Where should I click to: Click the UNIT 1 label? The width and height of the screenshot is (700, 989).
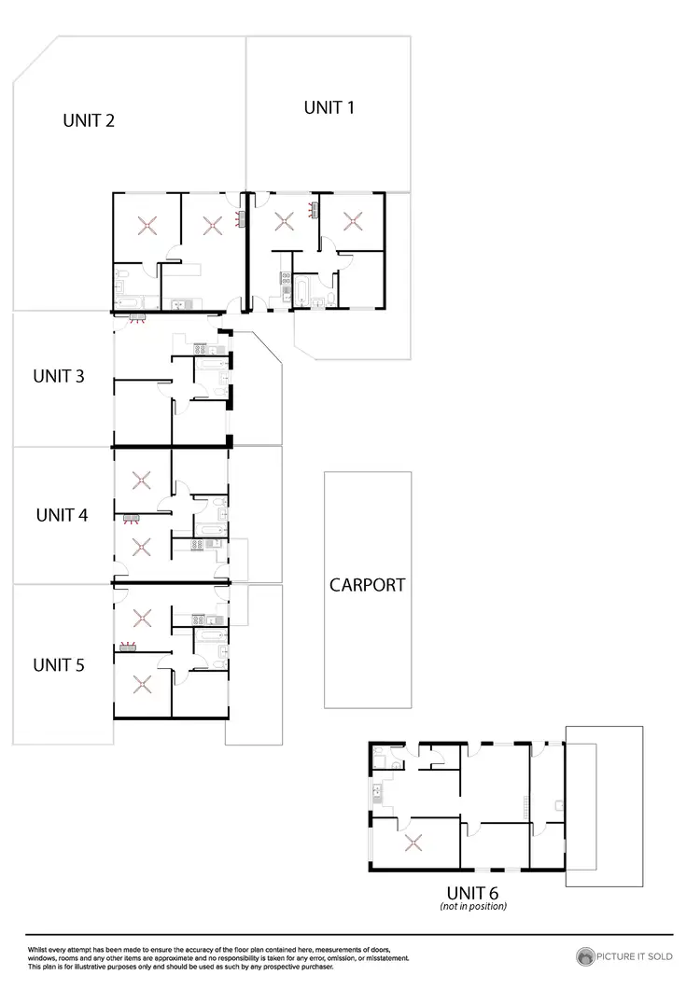(329, 107)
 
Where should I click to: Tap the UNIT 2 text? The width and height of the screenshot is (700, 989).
(88, 120)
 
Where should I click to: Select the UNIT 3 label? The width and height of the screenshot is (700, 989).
(59, 377)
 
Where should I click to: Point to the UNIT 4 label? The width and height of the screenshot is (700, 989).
(62, 514)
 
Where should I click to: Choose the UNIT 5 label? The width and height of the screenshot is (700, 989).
(59, 665)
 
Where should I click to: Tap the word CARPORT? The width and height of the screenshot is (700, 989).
(367, 585)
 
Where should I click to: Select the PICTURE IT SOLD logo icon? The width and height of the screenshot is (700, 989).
(586, 956)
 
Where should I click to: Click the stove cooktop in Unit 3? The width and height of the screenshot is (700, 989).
(203, 349)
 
